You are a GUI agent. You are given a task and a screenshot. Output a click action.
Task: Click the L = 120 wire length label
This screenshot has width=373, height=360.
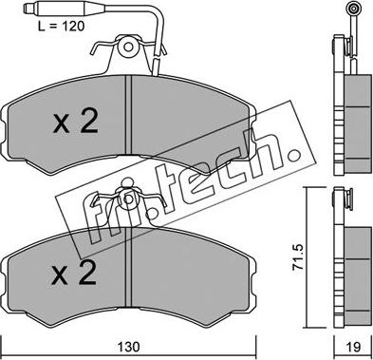62,26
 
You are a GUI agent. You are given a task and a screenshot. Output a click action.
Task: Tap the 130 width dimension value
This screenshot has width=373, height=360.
130,347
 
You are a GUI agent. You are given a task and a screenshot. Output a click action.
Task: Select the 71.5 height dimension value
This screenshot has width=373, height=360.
298,256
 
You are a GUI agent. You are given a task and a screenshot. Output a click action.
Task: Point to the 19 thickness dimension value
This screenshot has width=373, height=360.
352,347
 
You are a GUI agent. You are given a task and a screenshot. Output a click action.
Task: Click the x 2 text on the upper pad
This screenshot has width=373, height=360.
76,122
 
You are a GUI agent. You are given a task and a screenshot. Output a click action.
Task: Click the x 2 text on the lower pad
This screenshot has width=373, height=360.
74,272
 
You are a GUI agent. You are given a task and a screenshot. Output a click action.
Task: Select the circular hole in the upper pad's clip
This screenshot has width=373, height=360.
128,47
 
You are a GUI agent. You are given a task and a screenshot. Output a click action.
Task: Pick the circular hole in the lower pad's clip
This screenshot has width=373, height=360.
128,199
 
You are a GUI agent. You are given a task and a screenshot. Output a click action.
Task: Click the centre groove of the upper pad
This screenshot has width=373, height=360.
128,115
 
